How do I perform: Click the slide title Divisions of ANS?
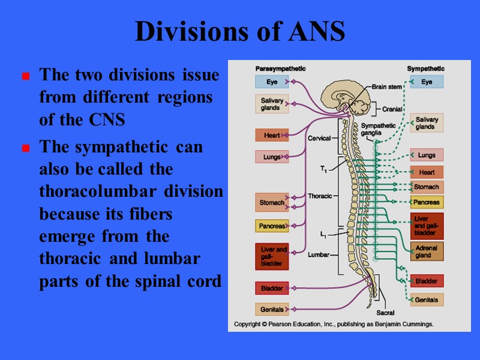click(x=240, y=32)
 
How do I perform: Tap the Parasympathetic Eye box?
click(x=272, y=82)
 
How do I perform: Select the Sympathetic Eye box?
click(x=427, y=82)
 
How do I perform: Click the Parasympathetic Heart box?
click(x=272, y=136)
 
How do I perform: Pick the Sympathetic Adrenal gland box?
click(x=427, y=251)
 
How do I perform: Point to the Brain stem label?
click(x=387, y=86)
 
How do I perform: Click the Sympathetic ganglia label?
click(x=379, y=129)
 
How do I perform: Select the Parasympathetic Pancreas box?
click(x=272, y=226)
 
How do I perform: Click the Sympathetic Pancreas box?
click(x=427, y=202)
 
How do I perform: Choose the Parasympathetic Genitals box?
click(x=272, y=310)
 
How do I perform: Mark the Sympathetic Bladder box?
click(x=427, y=281)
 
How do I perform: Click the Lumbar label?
click(x=319, y=254)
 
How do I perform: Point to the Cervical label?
click(x=319, y=138)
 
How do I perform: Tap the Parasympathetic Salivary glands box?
click(x=271, y=104)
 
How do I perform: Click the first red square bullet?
click(x=26, y=77)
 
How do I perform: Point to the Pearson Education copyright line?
click(x=333, y=324)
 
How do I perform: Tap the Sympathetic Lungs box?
click(x=427, y=155)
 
